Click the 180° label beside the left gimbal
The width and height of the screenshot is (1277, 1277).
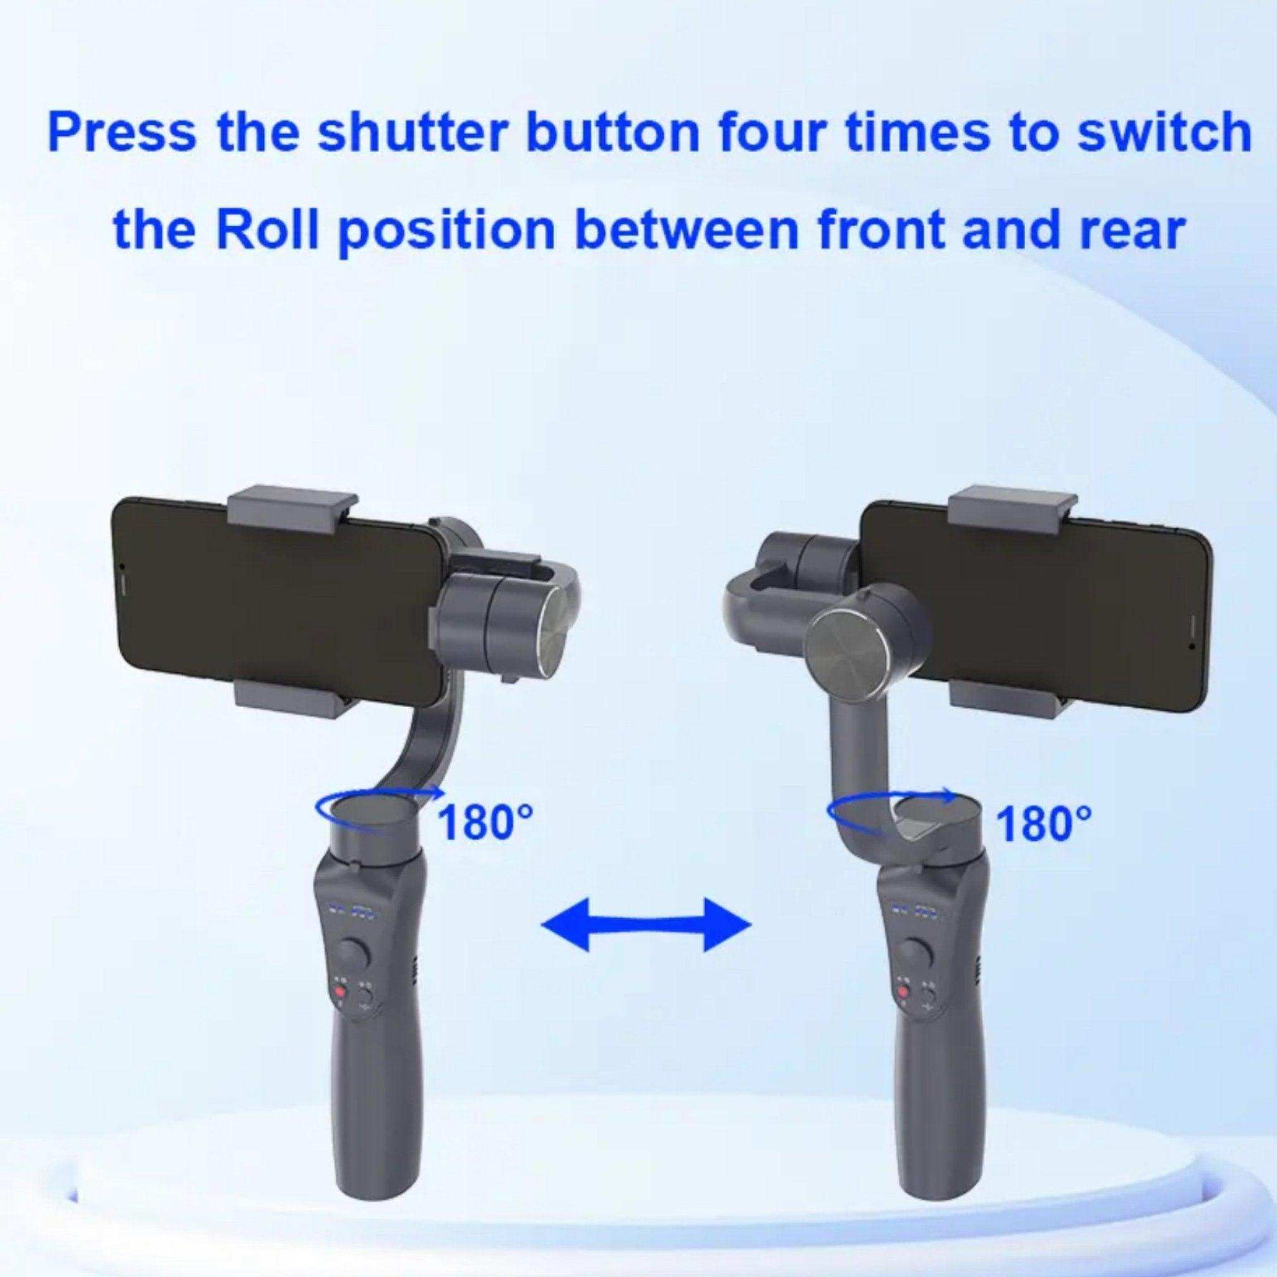[x=484, y=822]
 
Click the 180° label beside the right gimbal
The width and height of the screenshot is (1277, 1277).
[x=1043, y=822]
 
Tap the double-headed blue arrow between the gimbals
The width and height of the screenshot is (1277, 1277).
[x=646, y=923]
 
